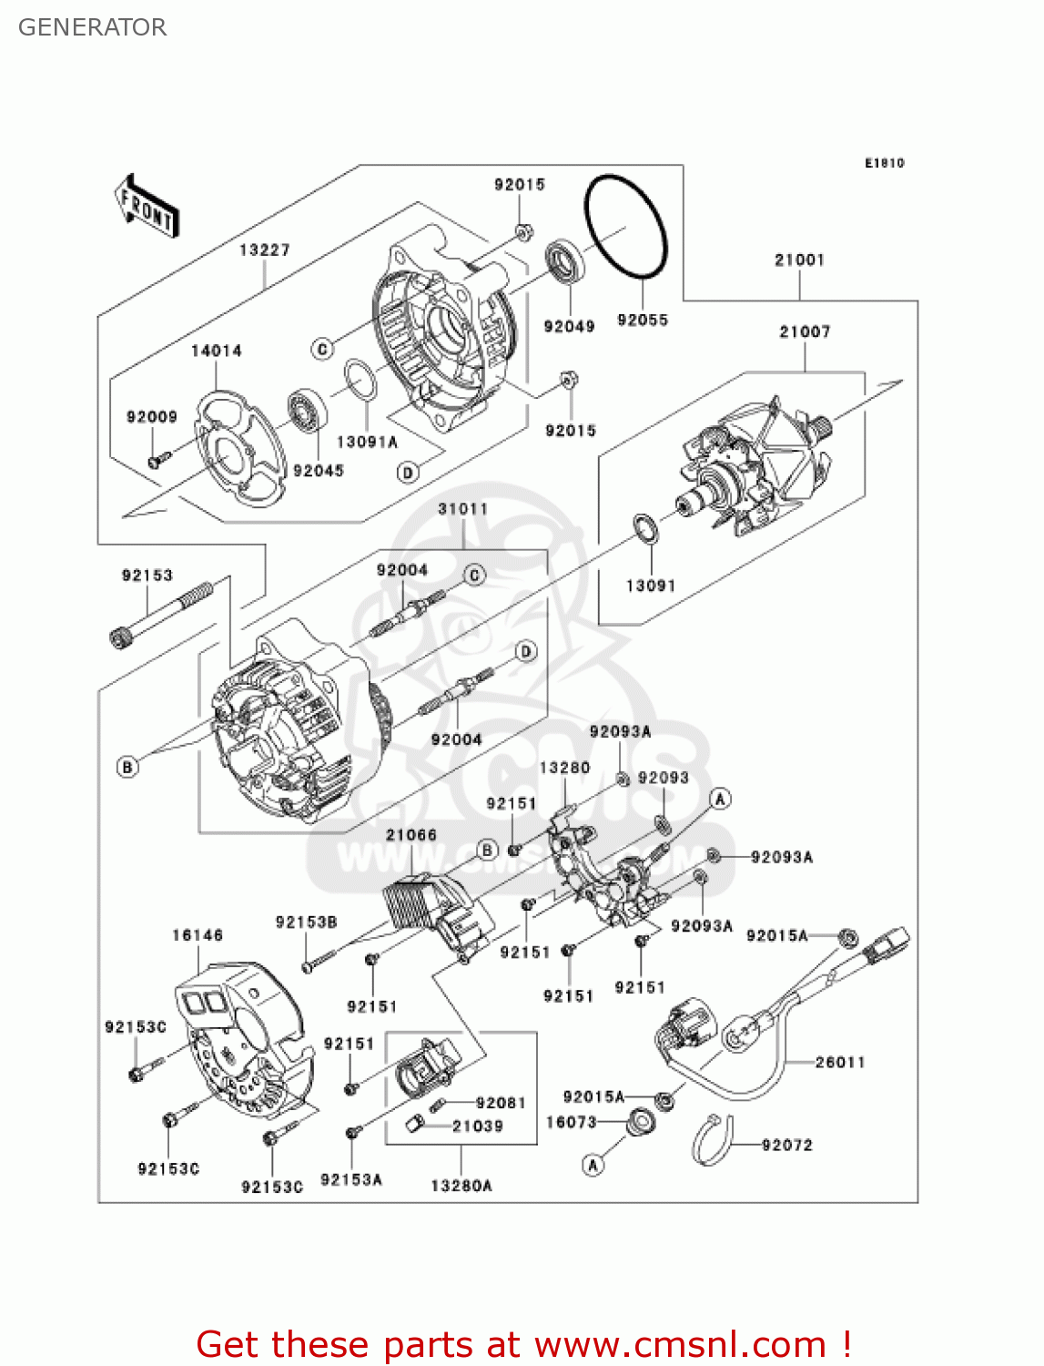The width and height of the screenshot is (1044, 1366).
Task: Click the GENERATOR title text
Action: point(92,27)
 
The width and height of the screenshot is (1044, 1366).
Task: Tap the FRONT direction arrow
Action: point(147,207)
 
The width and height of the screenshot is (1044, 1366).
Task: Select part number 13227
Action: point(264,250)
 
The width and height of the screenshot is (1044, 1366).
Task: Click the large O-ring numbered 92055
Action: point(626,227)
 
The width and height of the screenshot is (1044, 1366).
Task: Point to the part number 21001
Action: point(799,260)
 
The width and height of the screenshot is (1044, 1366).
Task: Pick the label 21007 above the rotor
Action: point(805,331)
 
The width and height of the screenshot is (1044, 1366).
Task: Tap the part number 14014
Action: point(216,351)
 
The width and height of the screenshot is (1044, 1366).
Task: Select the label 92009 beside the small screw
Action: point(152,417)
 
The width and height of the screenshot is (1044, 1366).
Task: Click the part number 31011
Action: point(462,509)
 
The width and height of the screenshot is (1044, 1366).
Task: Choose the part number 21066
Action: point(411,834)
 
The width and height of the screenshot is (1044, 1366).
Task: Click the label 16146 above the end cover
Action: point(198,935)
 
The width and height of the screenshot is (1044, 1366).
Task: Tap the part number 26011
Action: point(839,1062)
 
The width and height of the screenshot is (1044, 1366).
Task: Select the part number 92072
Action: point(786,1145)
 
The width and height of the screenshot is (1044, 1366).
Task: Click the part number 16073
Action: point(571,1122)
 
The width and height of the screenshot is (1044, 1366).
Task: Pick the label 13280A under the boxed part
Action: point(461,1185)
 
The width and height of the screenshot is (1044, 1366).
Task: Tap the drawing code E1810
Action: point(884,163)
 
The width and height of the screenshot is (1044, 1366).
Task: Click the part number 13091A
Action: point(367,442)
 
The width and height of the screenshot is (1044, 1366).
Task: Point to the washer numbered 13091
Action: point(645,528)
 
